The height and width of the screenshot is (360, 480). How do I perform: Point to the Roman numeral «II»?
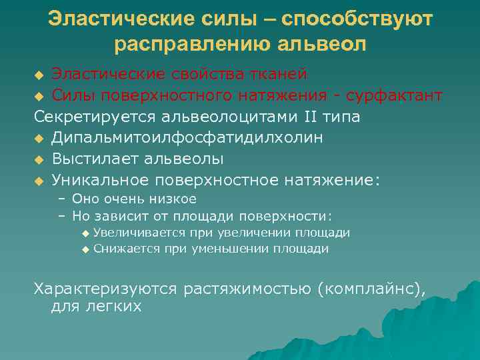(x=311, y=117)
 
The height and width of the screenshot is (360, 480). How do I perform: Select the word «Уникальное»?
(x=101, y=180)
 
